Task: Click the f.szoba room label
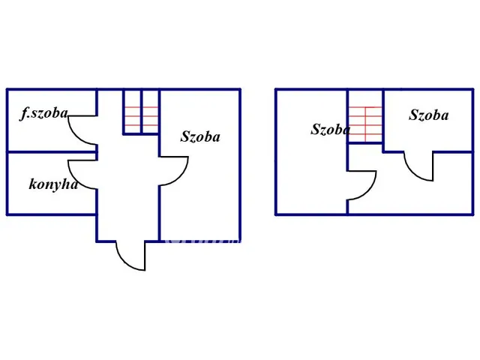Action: click(x=44, y=114)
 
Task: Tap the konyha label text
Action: click(x=53, y=184)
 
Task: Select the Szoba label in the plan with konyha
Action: click(x=200, y=136)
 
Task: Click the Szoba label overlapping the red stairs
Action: click(x=330, y=129)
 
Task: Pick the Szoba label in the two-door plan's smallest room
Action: click(x=428, y=115)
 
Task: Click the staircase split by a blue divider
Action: click(x=141, y=112)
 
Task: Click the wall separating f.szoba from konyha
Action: click(x=51, y=152)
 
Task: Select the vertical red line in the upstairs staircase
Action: click(x=365, y=124)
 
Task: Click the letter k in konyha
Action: click(x=33, y=184)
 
